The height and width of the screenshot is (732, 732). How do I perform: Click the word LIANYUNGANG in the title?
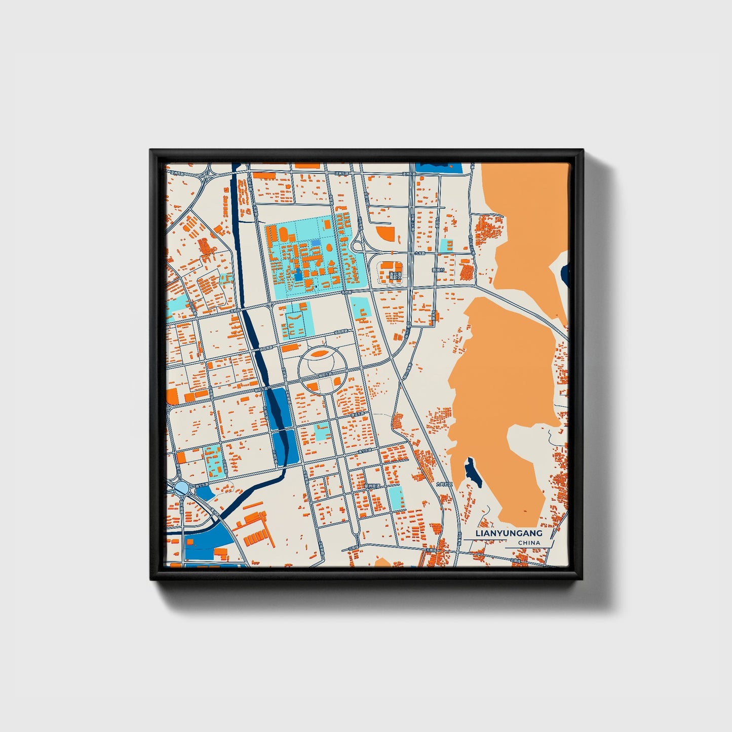point(509,533)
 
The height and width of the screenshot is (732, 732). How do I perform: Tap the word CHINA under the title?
point(529,543)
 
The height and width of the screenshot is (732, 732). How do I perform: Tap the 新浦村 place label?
point(437,271)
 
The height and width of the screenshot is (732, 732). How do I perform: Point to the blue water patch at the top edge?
point(438,168)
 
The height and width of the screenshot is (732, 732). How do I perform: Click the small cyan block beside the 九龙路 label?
point(446,245)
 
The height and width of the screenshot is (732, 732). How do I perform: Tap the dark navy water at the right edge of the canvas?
point(565,274)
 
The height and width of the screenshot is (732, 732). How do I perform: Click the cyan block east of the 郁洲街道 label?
point(396,497)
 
